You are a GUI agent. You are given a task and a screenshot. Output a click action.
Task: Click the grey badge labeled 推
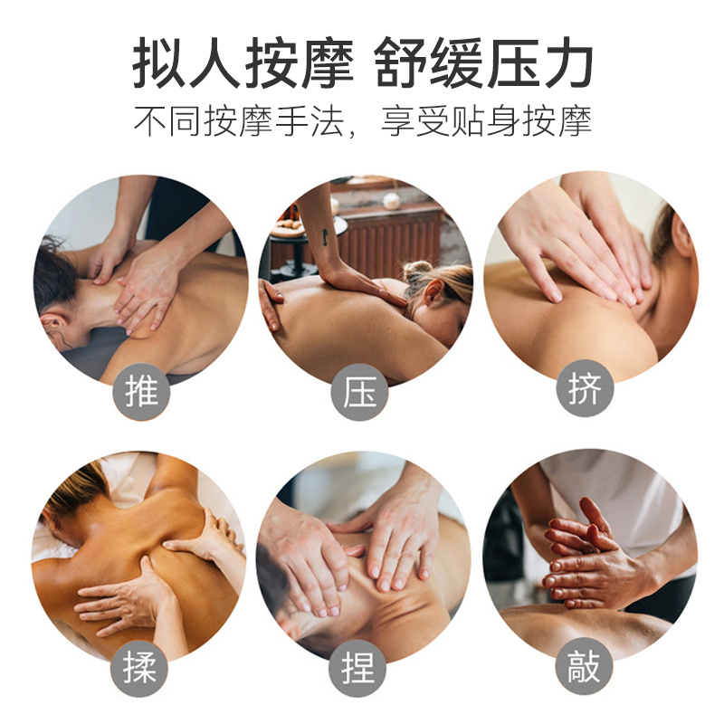(x=142, y=392)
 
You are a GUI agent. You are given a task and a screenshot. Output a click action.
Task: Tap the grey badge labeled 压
(x=359, y=392)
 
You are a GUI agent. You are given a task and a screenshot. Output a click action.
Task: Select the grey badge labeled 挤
(x=585, y=388)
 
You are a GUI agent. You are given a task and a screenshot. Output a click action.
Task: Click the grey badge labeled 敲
(x=584, y=666)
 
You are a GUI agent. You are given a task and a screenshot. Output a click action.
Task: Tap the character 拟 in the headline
(x=159, y=63)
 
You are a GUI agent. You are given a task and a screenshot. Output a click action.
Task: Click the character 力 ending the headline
(x=566, y=63)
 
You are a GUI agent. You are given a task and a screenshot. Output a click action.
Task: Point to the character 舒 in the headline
(x=399, y=63)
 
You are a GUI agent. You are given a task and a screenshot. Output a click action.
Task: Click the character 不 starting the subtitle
(x=150, y=121)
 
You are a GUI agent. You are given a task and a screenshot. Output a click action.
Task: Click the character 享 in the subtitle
(x=397, y=121)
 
